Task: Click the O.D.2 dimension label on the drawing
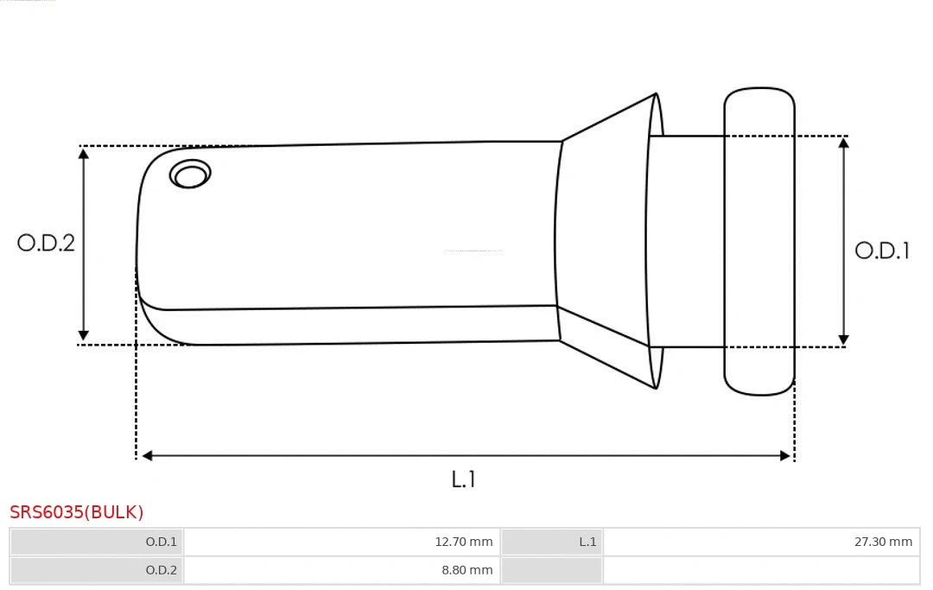pyautogui.click(x=46, y=243)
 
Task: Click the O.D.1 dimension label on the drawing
pyautogui.click(x=882, y=251)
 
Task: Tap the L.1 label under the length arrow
pyautogui.click(x=464, y=479)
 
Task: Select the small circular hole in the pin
pyautogui.click(x=190, y=174)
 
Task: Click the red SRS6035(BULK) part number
pyautogui.click(x=77, y=512)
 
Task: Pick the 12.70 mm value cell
pyautogui.click(x=341, y=542)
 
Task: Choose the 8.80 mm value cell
pyautogui.click(x=341, y=570)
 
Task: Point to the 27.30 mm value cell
pyautogui.click(x=761, y=542)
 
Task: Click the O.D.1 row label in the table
pyautogui.click(x=97, y=542)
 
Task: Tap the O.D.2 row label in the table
pyautogui.click(x=97, y=570)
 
